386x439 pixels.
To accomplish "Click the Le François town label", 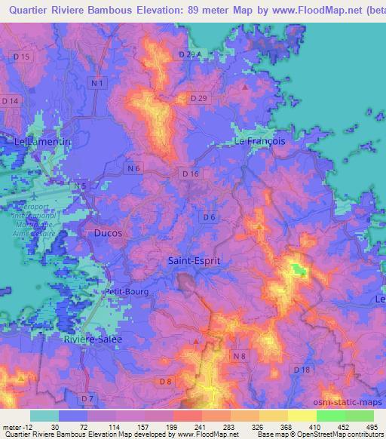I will pos(260,141).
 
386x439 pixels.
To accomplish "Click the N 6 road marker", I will pos(133,169).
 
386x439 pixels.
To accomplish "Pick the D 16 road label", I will pos(190,173).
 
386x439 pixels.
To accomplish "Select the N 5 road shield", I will pos(81,186).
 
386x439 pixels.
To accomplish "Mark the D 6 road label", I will pos(209,217).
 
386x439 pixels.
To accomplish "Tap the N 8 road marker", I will pos(240,355).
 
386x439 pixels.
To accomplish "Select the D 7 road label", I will pos(88,398).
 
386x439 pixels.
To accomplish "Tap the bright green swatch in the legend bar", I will pos(331,416).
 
